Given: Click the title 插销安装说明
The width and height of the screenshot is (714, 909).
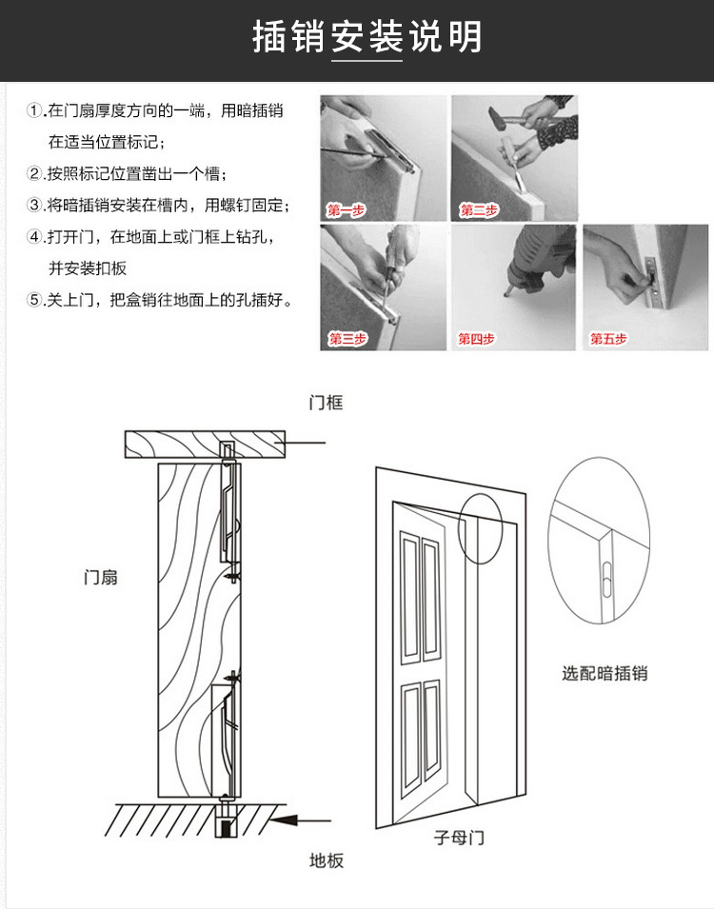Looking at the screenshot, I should click(367, 38).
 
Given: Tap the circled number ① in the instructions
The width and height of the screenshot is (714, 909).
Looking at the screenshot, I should click(35, 111).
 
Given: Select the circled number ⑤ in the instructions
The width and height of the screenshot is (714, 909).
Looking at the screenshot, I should click(35, 300).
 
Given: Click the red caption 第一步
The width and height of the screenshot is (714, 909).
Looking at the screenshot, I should click(346, 210).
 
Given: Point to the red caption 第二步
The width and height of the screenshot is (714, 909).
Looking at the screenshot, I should click(478, 210).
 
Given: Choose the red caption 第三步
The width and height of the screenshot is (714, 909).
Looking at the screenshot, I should click(347, 339).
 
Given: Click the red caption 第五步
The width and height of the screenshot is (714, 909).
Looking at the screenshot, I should click(608, 339).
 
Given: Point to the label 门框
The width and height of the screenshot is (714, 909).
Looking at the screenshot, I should click(326, 404).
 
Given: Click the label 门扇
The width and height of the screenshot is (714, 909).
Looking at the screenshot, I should click(101, 577).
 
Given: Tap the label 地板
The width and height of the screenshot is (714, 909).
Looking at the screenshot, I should click(326, 860).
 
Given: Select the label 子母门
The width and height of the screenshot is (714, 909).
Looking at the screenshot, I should click(459, 839).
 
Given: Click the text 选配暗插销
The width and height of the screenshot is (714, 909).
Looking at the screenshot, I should click(605, 673).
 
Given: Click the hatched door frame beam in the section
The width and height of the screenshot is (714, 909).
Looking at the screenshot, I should click(205, 444).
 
